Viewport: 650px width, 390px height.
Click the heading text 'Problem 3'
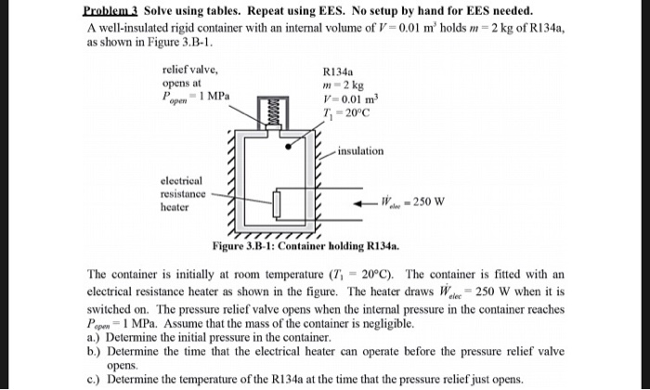109,9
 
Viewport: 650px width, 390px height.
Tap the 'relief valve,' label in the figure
189,70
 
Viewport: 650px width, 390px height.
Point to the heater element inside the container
278,201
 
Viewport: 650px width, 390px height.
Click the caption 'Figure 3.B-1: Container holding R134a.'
305,248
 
